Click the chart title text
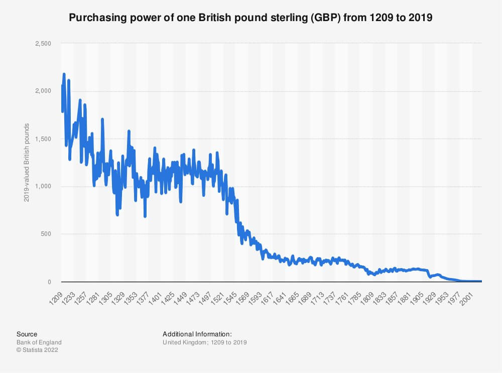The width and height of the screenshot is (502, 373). tap(250, 18)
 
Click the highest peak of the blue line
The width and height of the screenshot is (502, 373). tap(64, 74)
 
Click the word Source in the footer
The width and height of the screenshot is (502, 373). tap(27, 334)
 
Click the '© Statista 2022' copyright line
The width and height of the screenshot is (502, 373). tap(37, 350)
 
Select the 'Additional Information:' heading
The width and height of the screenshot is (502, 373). tap(197, 334)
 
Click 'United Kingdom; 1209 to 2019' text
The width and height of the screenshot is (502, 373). tap(204, 342)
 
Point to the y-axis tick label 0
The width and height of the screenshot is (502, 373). tap(50, 282)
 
